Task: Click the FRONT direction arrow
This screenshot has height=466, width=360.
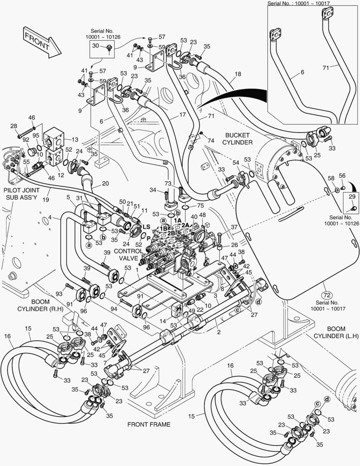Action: [42, 42]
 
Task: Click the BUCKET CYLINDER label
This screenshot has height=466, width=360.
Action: [237, 139]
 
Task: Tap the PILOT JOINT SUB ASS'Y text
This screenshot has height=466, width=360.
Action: [22, 193]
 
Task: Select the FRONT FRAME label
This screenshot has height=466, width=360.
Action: [149, 425]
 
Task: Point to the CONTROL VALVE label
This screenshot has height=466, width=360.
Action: [128, 255]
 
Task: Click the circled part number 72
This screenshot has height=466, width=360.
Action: [327, 295]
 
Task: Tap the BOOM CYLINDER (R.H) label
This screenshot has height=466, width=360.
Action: [41, 305]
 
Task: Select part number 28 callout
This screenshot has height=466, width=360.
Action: [14, 126]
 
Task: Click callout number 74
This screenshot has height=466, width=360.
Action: [210, 140]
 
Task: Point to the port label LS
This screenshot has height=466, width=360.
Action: [147, 227]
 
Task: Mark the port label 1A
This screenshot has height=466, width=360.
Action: [177, 220]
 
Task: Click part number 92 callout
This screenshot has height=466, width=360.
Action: [26, 139]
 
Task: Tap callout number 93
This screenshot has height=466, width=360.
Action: [59, 294]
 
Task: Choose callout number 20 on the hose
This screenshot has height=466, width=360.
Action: [105, 183]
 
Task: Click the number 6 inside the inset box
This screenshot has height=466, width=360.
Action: [302, 72]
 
